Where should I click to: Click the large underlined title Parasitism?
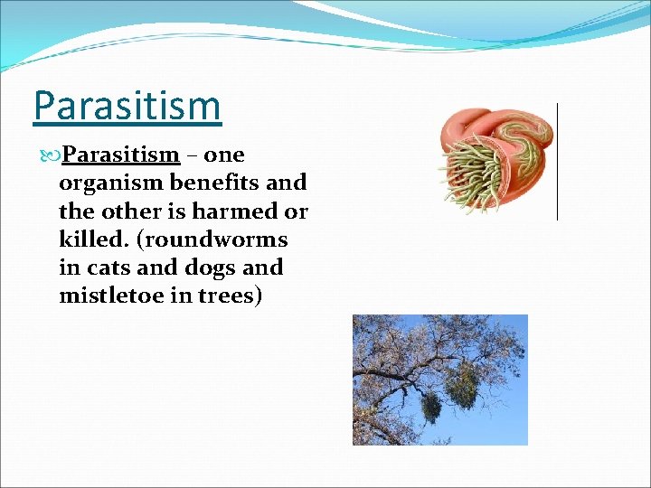[127, 105]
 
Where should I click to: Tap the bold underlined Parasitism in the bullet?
[121, 155]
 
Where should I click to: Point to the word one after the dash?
[226, 155]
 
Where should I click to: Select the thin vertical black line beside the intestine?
[557, 161]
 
